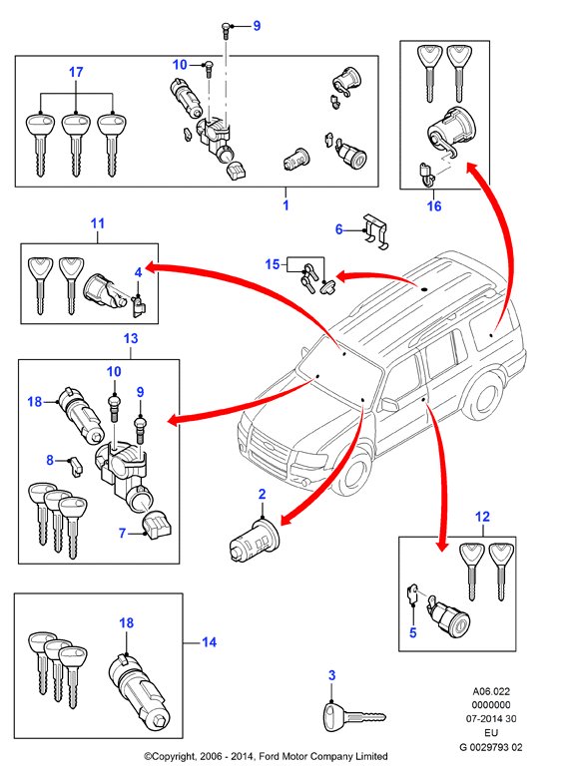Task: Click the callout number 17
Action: [76, 72]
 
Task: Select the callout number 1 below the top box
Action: [285, 204]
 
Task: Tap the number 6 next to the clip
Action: [339, 229]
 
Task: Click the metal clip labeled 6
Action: [375, 231]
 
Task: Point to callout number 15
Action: [273, 264]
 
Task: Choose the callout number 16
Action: [434, 205]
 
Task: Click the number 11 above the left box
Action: [98, 223]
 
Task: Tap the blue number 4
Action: [138, 271]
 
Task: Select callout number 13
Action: [131, 338]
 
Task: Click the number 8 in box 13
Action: [50, 460]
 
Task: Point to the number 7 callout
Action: [123, 533]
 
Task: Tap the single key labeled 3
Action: [353, 715]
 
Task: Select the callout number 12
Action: [482, 517]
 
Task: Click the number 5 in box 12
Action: [413, 632]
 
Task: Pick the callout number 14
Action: [209, 642]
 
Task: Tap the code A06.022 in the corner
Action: [491, 691]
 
